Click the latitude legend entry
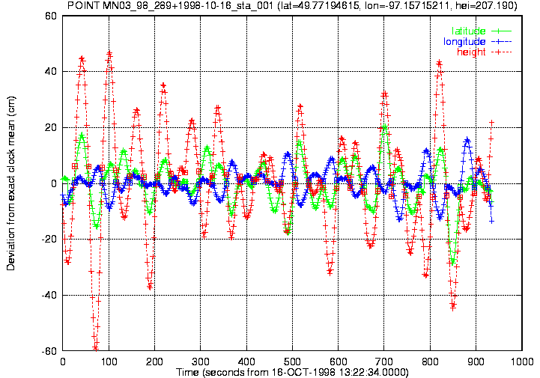[x=482, y=31]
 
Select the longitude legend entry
[x=477, y=42]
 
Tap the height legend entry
[x=485, y=52]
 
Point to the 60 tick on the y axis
[x=51, y=16]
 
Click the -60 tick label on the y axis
[x=49, y=351]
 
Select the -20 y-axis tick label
[x=49, y=240]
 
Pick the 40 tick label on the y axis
[x=51, y=72]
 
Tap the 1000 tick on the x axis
[x=522, y=362]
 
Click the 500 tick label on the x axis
[x=292, y=362]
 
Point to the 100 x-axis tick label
[x=109, y=362]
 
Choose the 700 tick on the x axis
[x=384, y=362]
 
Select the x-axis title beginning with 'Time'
[x=292, y=373]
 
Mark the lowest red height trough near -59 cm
[x=95, y=348]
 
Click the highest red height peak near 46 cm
[x=109, y=54]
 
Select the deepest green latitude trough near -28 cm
[x=453, y=262]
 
